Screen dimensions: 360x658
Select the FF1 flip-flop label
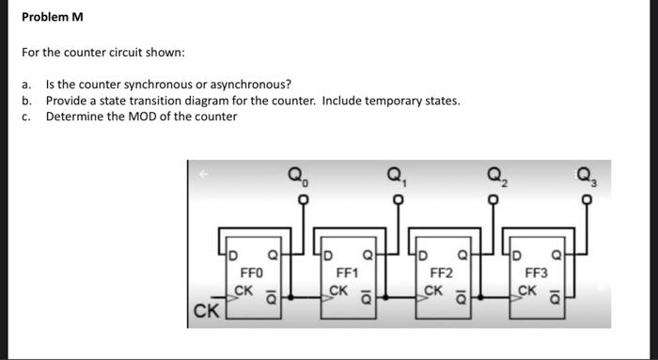pos(347,273)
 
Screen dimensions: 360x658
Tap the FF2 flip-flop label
pos(441,273)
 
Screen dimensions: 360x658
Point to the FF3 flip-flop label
pos(536,273)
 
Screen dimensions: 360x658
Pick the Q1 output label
pos(396,174)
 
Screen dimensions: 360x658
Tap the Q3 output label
pos(587,174)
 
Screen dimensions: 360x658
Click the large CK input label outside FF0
pos(206,307)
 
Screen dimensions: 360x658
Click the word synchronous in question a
pos(144,84)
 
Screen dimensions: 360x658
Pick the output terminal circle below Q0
pos(302,200)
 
